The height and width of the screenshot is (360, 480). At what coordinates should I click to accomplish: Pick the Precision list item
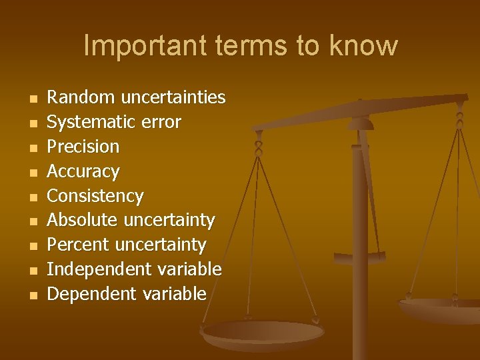point(83,147)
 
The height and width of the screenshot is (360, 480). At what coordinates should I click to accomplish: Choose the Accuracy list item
point(83,171)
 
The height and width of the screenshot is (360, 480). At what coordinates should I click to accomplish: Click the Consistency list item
point(95,196)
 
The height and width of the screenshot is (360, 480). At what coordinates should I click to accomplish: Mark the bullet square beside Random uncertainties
point(33,99)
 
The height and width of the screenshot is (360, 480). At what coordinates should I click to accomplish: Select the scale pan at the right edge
point(443,309)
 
